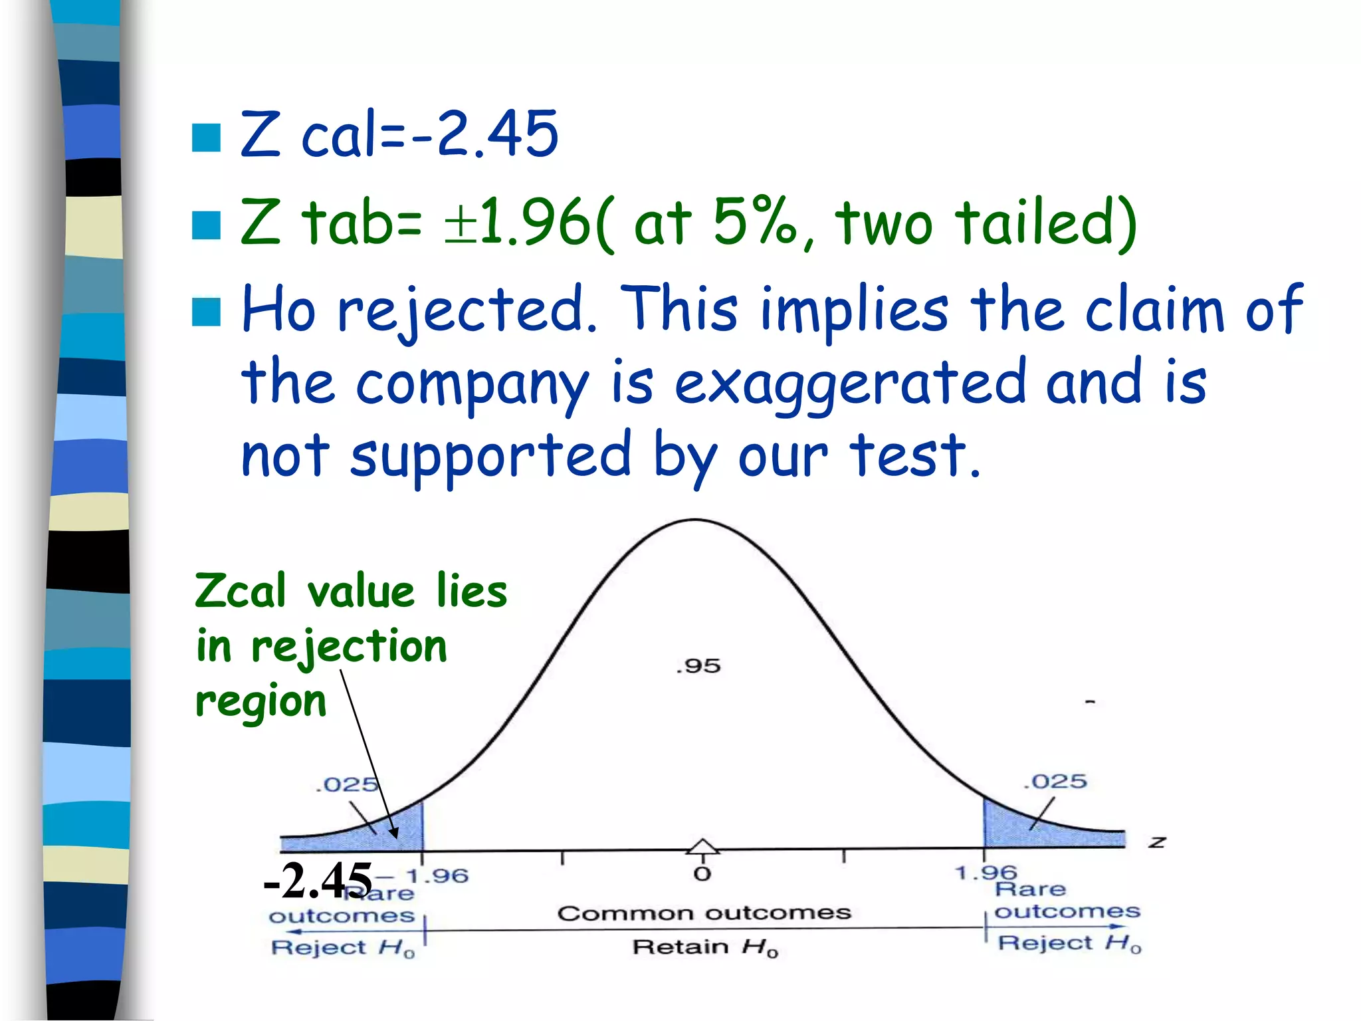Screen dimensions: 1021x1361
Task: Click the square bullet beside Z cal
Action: (x=206, y=138)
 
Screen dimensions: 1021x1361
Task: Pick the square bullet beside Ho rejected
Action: (x=206, y=312)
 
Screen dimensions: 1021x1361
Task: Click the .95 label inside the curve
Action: (x=698, y=665)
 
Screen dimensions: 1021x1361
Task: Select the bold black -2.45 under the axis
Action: (x=318, y=880)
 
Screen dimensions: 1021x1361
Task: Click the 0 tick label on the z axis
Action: (x=702, y=874)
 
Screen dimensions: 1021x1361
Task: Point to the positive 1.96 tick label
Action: (x=986, y=872)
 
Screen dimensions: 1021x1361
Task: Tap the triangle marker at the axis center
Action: (x=702, y=846)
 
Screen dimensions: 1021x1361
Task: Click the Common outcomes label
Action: (x=704, y=913)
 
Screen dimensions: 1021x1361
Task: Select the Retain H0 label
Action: (x=704, y=947)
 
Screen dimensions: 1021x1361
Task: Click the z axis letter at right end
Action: (x=1157, y=842)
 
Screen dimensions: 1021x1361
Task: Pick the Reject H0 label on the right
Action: (x=1069, y=943)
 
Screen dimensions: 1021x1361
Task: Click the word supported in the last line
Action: (x=490, y=458)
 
